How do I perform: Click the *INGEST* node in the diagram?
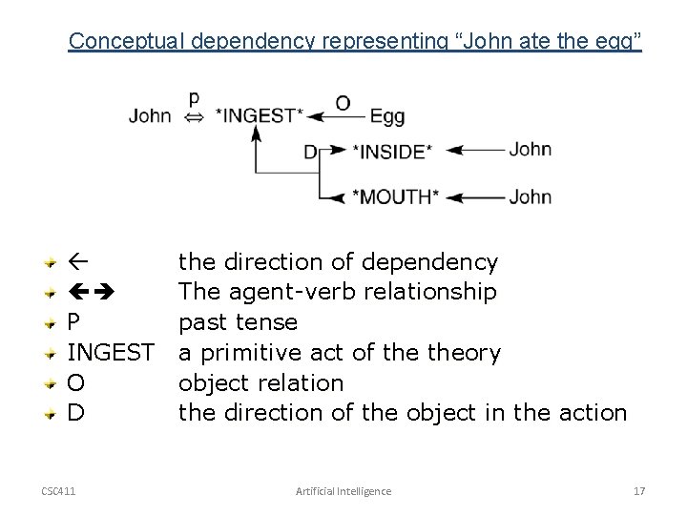(x=260, y=116)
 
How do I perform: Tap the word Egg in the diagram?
(x=386, y=116)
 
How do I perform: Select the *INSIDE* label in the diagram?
(x=392, y=151)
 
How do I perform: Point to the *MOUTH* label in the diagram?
(x=395, y=197)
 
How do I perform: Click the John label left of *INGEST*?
(x=151, y=116)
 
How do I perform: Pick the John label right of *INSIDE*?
(x=530, y=150)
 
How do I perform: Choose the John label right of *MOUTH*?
(x=530, y=197)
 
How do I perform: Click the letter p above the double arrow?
(x=195, y=97)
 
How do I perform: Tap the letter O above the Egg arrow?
(x=341, y=101)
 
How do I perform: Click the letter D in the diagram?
(x=310, y=151)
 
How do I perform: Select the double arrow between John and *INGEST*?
(x=195, y=116)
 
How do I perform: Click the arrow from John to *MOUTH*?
(x=475, y=197)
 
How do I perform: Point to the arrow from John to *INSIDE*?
(x=475, y=150)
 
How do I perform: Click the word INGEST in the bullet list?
(x=111, y=353)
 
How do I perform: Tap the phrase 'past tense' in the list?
(x=238, y=322)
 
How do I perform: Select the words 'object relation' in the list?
(x=260, y=383)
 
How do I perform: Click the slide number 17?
(x=639, y=490)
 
